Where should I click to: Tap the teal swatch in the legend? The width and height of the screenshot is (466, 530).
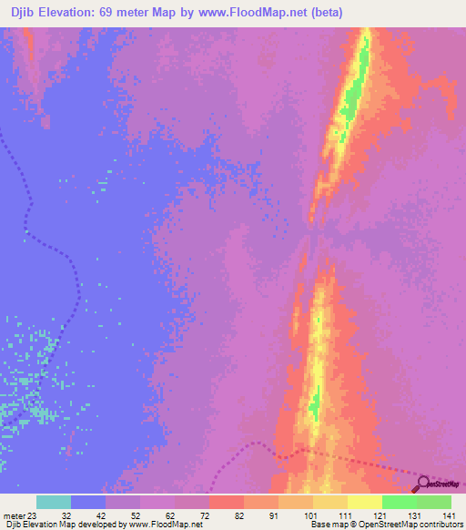tap(54, 502)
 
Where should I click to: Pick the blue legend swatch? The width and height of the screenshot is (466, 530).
tap(88, 502)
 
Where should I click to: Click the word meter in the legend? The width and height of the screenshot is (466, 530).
tap(14, 515)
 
